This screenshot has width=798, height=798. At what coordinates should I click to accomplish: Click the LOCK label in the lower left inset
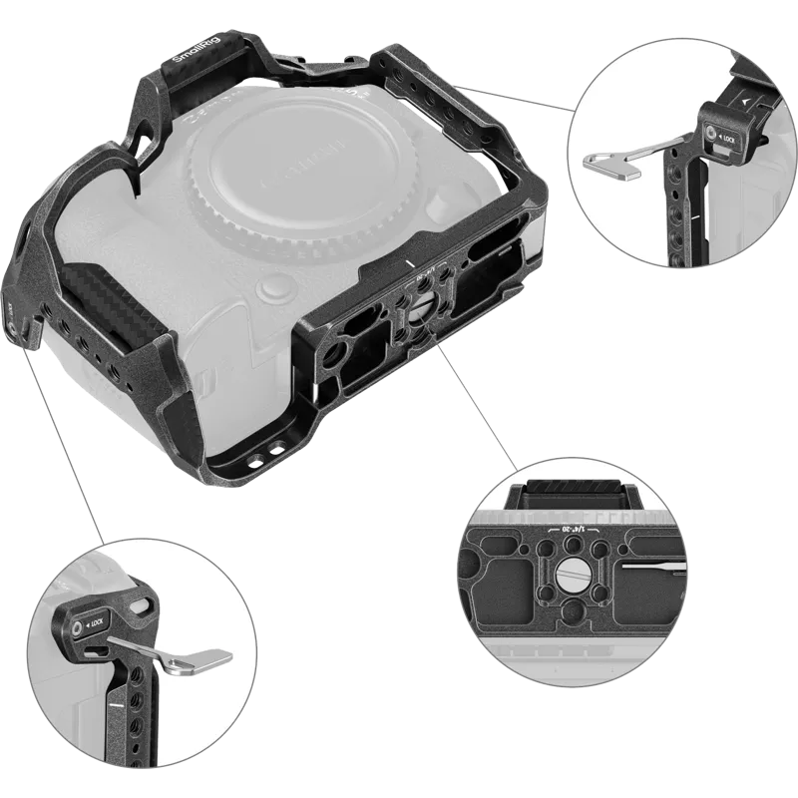(x=96, y=625)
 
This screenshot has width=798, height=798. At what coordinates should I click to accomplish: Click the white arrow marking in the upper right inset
(x=746, y=102)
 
